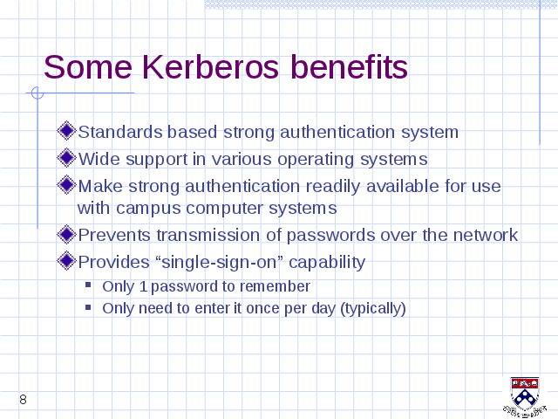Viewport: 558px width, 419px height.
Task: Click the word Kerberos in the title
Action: coord(211,67)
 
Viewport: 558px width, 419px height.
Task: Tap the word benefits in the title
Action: coord(349,66)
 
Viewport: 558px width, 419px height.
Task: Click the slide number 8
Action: coord(24,400)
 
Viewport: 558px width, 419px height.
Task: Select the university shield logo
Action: coord(525,397)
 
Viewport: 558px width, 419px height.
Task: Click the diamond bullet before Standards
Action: coord(66,131)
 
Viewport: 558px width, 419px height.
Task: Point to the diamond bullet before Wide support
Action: coord(66,158)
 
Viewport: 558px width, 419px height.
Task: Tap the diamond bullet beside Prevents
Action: coord(66,234)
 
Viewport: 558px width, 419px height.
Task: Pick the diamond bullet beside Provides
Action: coord(66,261)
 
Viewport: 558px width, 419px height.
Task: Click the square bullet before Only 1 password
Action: coord(88,285)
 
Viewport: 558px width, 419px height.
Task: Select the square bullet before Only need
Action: coord(88,306)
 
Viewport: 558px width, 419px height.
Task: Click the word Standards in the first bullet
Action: coord(120,132)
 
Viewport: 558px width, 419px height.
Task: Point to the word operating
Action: coord(316,160)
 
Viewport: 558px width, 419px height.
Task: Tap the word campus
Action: coord(148,209)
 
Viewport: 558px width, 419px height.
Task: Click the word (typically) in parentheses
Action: coord(373,309)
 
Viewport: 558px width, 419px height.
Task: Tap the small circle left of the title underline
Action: coord(37,93)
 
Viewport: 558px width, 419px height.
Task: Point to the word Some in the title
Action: coord(88,67)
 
